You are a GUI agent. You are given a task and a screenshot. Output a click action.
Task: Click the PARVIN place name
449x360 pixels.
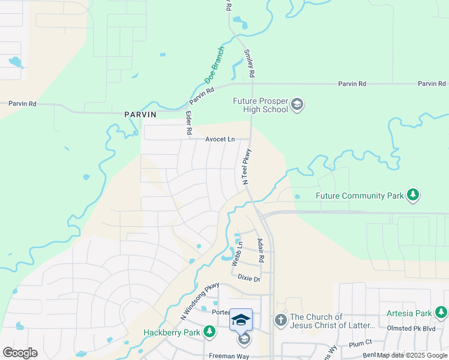click(140, 114)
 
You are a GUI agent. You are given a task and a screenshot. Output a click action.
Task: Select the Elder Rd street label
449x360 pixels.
click(188, 122)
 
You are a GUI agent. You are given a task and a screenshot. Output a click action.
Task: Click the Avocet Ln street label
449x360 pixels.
click(220, 139)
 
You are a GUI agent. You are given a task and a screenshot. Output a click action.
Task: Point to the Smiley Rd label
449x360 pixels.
click(249, 63)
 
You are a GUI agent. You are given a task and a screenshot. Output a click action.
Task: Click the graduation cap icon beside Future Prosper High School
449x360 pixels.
click(297, 105)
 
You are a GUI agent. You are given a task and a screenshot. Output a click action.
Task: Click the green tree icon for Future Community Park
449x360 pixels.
click(412, 195)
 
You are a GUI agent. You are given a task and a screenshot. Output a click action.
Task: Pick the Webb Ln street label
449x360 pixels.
click(239, 252)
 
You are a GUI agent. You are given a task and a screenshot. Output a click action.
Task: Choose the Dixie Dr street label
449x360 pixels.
click(249, 278)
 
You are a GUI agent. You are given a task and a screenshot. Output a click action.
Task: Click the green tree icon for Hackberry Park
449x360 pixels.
click(209, 332)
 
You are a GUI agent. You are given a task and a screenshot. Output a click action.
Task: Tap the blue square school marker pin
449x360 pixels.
click(241, 319)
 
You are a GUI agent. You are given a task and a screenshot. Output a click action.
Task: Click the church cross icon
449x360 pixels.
click(280, 321)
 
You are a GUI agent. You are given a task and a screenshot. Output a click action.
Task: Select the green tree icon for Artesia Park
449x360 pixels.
click(441, 313)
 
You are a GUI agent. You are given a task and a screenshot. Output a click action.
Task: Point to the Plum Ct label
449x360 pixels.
click(361, 343)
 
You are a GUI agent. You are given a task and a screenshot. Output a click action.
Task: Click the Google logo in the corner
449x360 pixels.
click(20, 352)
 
